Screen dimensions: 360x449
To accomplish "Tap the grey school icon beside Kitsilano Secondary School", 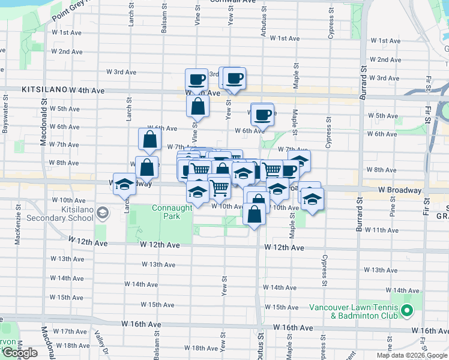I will (x=103, y=212).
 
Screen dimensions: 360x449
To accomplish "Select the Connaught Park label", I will (x=172, y=211).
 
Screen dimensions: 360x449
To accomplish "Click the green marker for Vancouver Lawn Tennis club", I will (x=406, y=311).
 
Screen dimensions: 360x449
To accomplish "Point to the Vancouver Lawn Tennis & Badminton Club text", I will (x=354, y=311).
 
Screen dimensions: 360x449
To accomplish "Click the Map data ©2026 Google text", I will (x=411, y=355).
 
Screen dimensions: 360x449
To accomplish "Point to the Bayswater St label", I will (x=6, y=113).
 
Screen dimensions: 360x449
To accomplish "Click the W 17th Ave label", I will (x=70, y=331).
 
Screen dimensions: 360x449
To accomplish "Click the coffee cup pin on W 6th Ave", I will (x=262, y=114).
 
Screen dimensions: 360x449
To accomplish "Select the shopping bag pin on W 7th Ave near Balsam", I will (x=149, y=139).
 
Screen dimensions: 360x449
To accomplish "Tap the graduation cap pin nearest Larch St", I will (x=125, y=184).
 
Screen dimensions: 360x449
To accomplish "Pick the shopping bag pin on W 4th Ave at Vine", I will (x=197, y=107).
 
